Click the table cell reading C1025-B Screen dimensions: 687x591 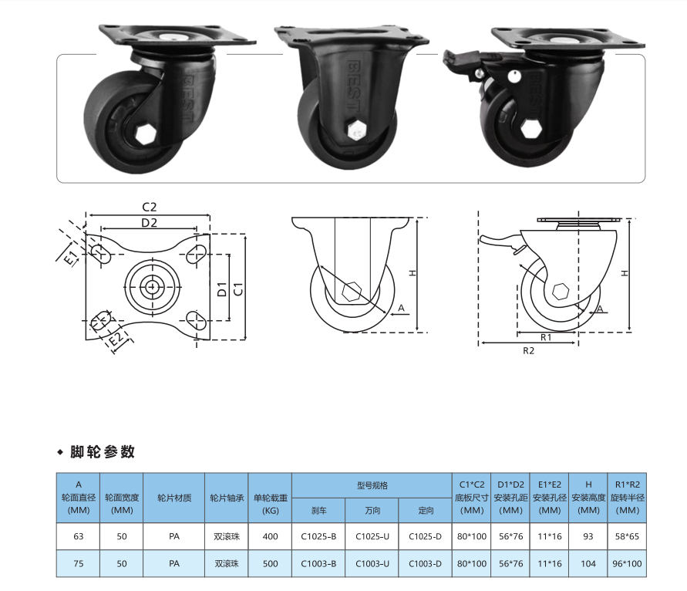(x=318, y=536)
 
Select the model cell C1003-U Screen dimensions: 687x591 (x=372, y=563)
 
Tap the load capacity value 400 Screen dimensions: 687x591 (x=270, y=536)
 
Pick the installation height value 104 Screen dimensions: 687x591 (x=588, y=563)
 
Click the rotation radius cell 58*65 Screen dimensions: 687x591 (x=627, y=536)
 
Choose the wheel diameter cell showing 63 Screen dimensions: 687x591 (x=79, y=536)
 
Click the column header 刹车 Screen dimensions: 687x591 (x=318, y=510)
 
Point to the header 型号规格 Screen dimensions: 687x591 (x=372, y=485)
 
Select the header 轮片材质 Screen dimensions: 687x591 (x=174, y=498)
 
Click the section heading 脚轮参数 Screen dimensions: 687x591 (x=102, y=451)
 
